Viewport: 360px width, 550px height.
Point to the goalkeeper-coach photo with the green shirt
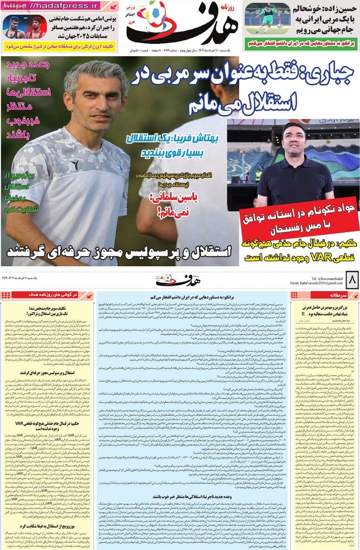(266, 20)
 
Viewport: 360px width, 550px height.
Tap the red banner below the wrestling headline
(60, 47)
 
